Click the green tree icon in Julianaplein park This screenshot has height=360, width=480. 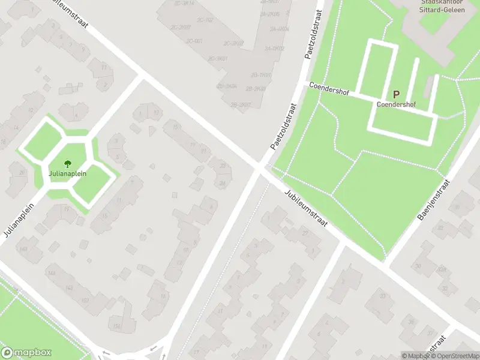tap(68, 163)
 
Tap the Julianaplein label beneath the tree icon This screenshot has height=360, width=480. tap(68, 173)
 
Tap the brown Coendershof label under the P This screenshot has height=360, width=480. tap(396, 104)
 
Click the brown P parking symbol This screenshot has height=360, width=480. tap(396, 94)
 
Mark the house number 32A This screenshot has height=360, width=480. tap(443, 270)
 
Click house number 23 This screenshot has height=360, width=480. tap(223, 166)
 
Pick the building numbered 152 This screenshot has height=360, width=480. tap(86, 300)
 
